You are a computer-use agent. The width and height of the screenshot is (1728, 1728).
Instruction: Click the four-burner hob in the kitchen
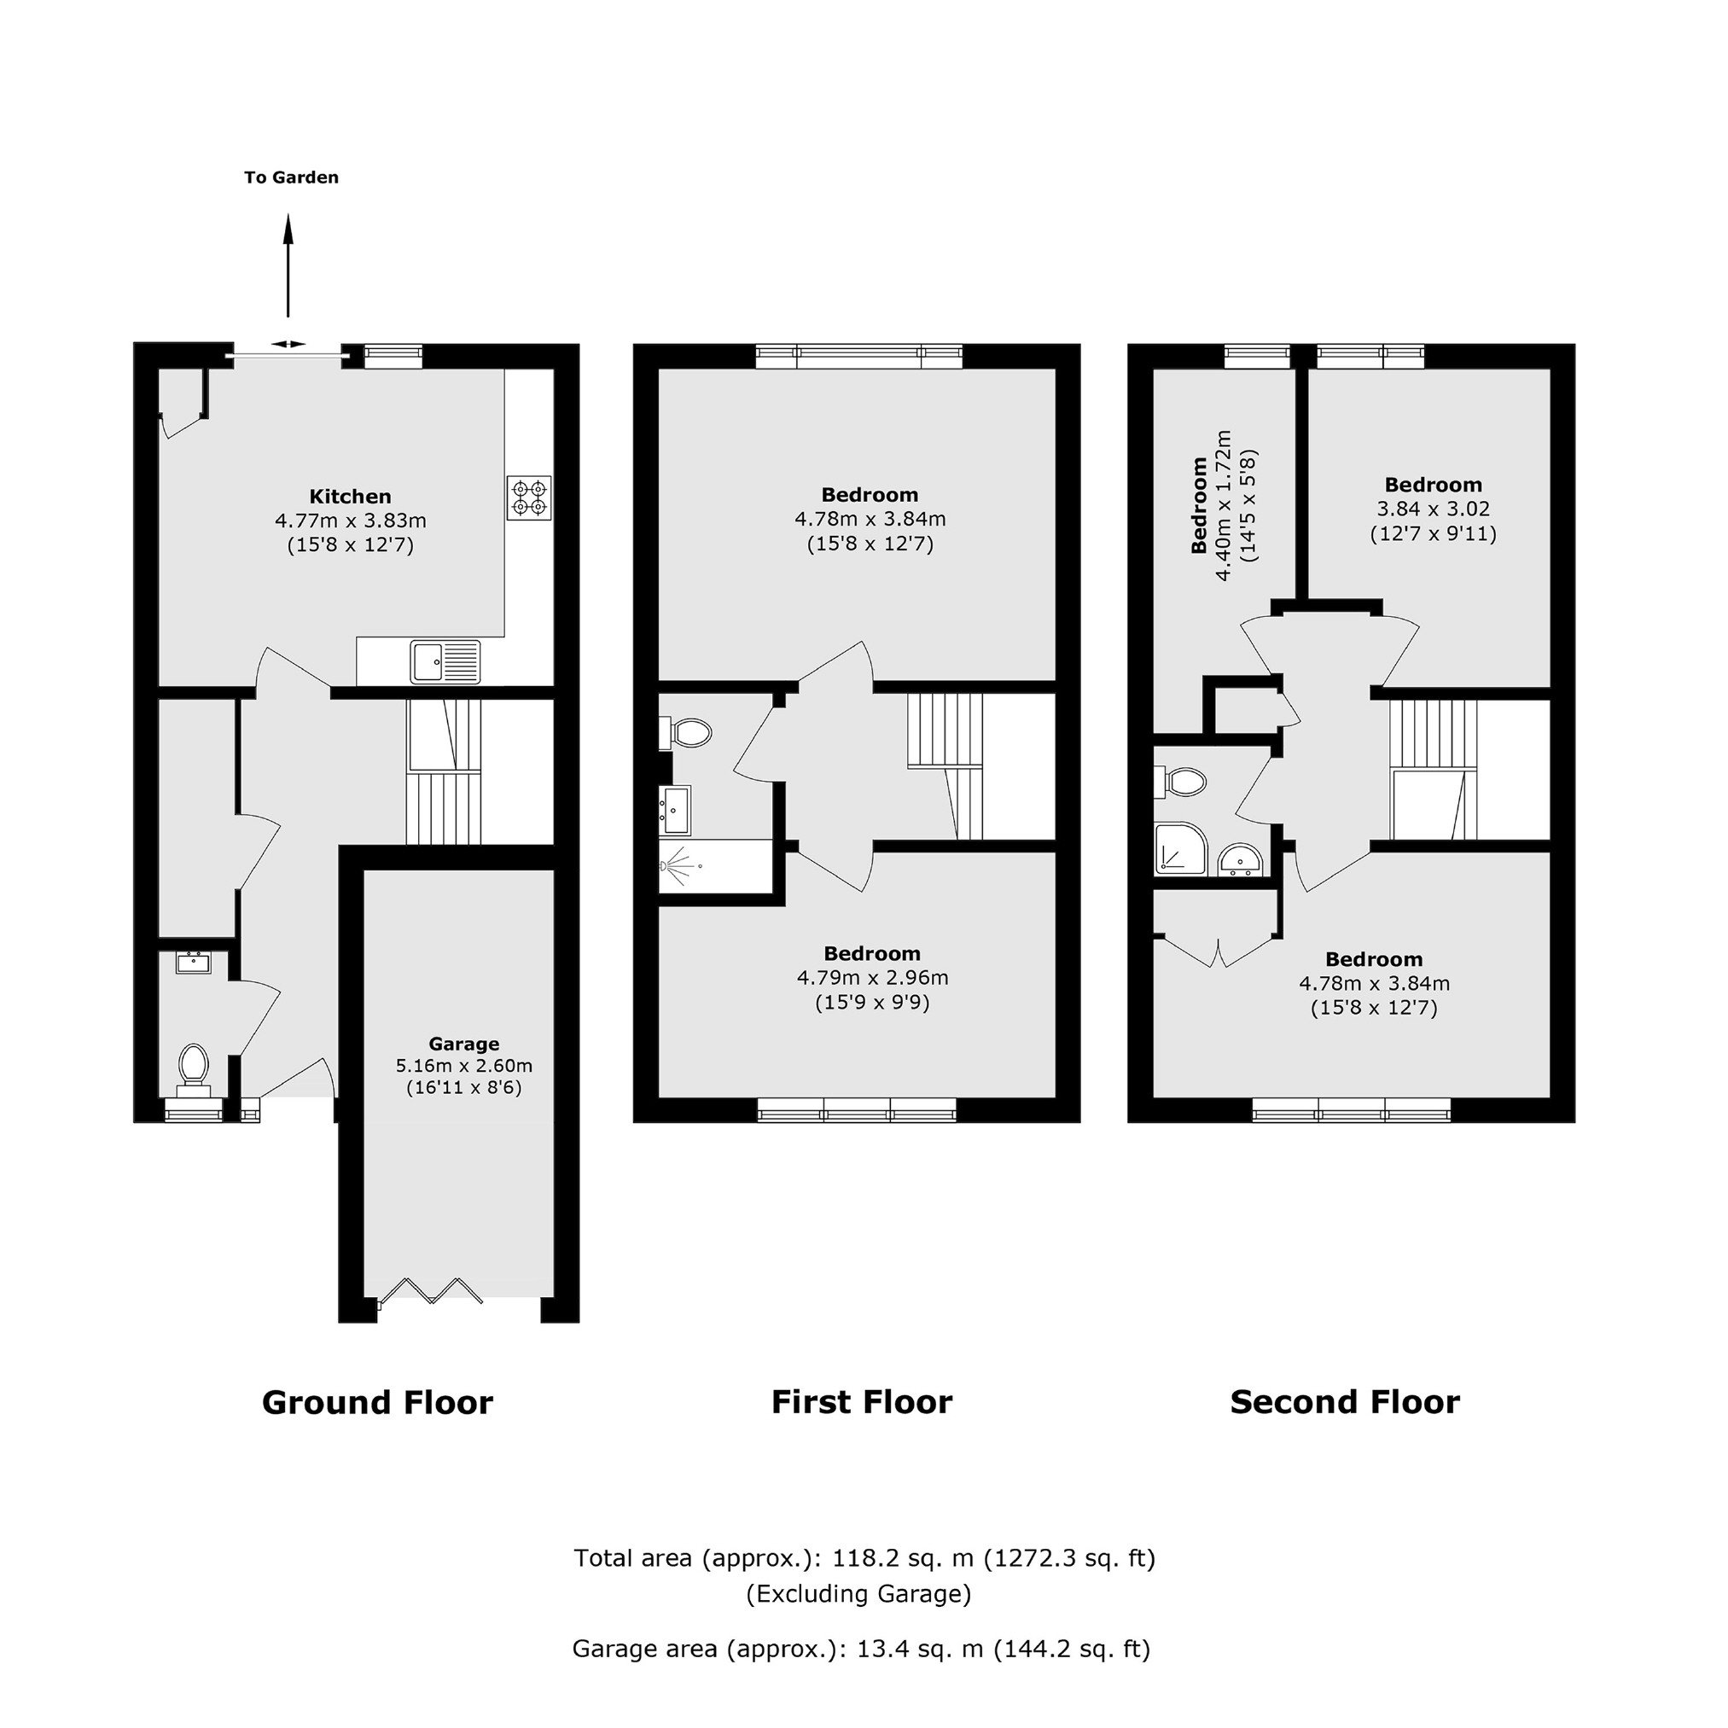click(529, 498)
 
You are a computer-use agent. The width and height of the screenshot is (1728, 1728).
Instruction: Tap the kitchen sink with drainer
click(445, 662)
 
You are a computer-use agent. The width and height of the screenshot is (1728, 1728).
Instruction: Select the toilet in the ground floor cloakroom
click(193, 1070)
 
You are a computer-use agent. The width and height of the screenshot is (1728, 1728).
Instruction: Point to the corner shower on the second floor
click(1181, 849)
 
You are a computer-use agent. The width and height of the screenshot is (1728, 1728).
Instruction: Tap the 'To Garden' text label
click(292, 177)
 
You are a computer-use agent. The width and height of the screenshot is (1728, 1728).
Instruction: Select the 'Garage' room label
click(463, 1044)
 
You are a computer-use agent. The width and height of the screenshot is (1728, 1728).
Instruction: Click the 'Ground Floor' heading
click(377, 1402)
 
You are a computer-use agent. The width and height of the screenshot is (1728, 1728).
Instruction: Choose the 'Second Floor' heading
click(1345, 1401)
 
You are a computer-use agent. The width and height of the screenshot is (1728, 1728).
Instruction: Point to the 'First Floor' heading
click(862, 1401)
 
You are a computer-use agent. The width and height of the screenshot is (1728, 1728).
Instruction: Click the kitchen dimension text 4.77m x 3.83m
click(351, 521)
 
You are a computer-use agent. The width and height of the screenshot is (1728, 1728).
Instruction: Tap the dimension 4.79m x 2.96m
click(873, 978)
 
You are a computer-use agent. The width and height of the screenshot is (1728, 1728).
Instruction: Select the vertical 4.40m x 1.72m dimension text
click(1225, 506)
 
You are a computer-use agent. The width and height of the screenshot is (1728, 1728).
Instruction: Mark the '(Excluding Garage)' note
click(858, 1594)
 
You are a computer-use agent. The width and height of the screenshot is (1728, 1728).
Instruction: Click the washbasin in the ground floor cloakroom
click(193, 963)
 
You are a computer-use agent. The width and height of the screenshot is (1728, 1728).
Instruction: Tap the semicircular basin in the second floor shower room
click(1241, 860)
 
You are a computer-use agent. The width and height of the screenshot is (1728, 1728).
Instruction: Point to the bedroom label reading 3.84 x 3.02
click(1433, 509)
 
